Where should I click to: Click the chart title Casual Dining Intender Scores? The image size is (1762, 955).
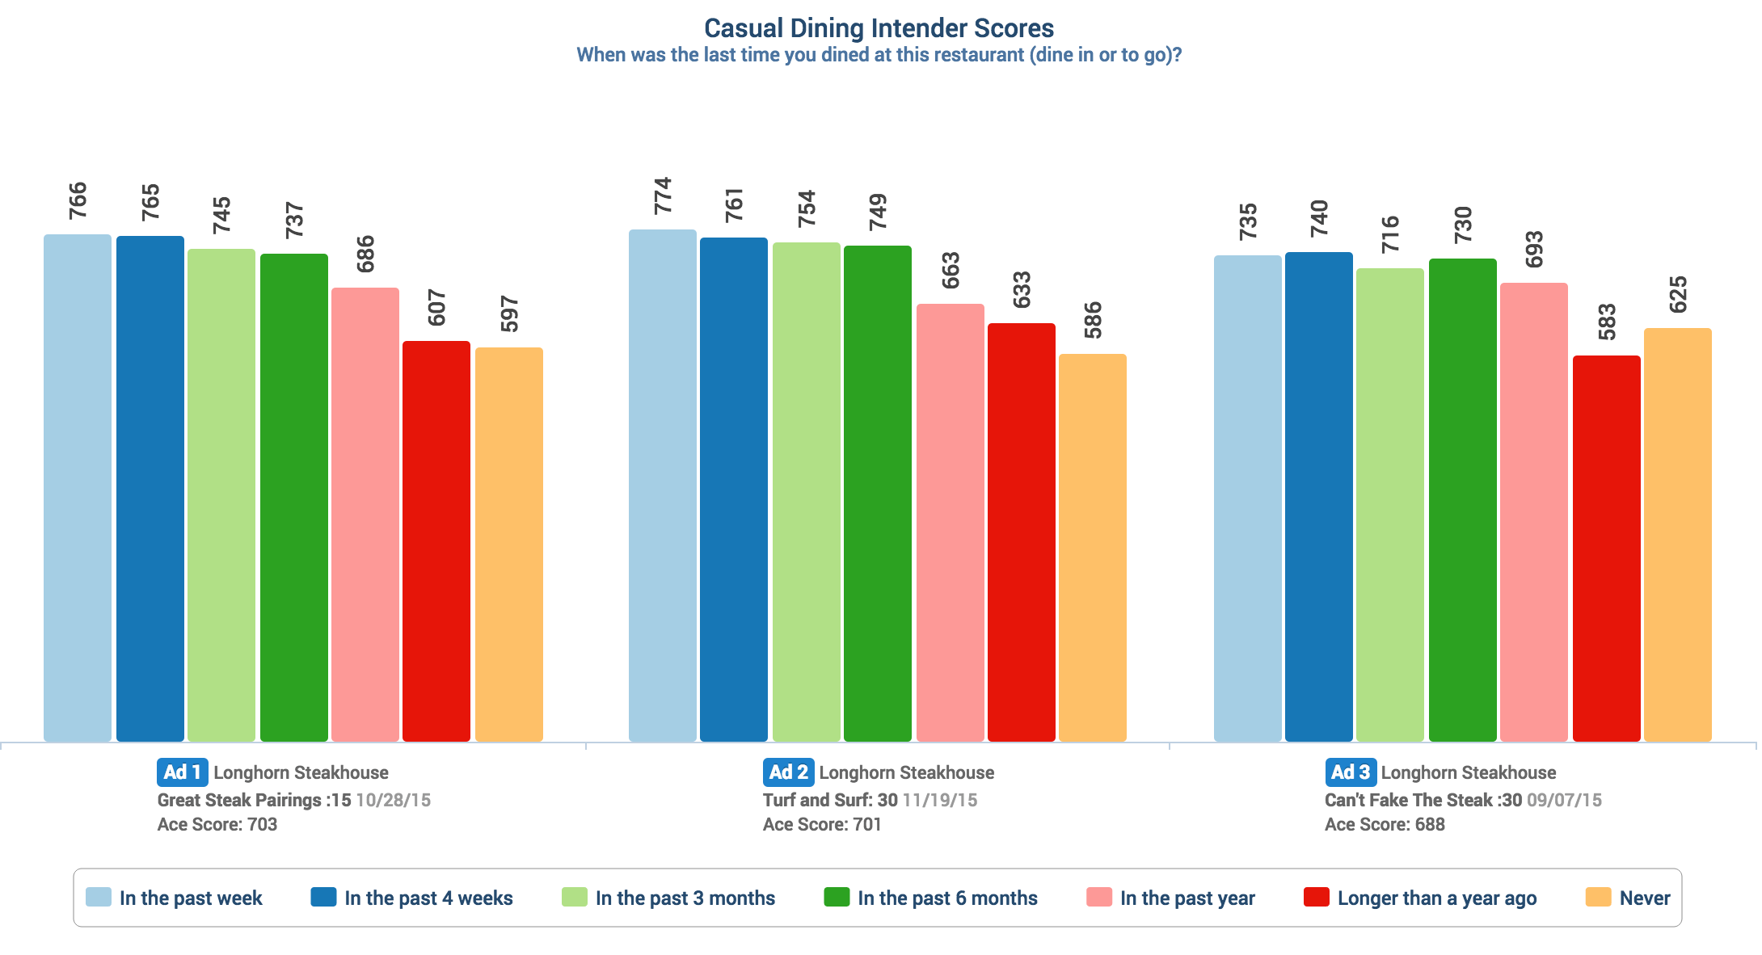(879, 28)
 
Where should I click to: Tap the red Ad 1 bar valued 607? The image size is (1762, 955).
(436, 541)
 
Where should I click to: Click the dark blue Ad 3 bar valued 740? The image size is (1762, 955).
(1319, 496)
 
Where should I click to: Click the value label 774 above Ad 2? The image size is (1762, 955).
(663, 196)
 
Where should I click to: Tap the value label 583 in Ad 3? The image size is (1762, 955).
(1607, 322)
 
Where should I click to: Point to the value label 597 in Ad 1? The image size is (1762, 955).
(509, 313)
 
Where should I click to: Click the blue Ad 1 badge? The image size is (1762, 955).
(182, 772)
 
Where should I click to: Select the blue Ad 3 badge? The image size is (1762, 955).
(1350, 772)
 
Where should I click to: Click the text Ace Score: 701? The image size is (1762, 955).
(822, 824)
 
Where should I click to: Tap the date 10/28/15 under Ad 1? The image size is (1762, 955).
(393, 800)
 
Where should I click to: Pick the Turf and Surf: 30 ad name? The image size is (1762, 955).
(830, 800)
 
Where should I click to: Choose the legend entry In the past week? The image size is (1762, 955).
(191, 898)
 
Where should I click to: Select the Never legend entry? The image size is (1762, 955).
(1644, 898)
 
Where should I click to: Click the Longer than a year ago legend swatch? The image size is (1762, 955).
(1317, 897)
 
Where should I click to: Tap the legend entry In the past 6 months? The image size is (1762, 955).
(947, 898)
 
